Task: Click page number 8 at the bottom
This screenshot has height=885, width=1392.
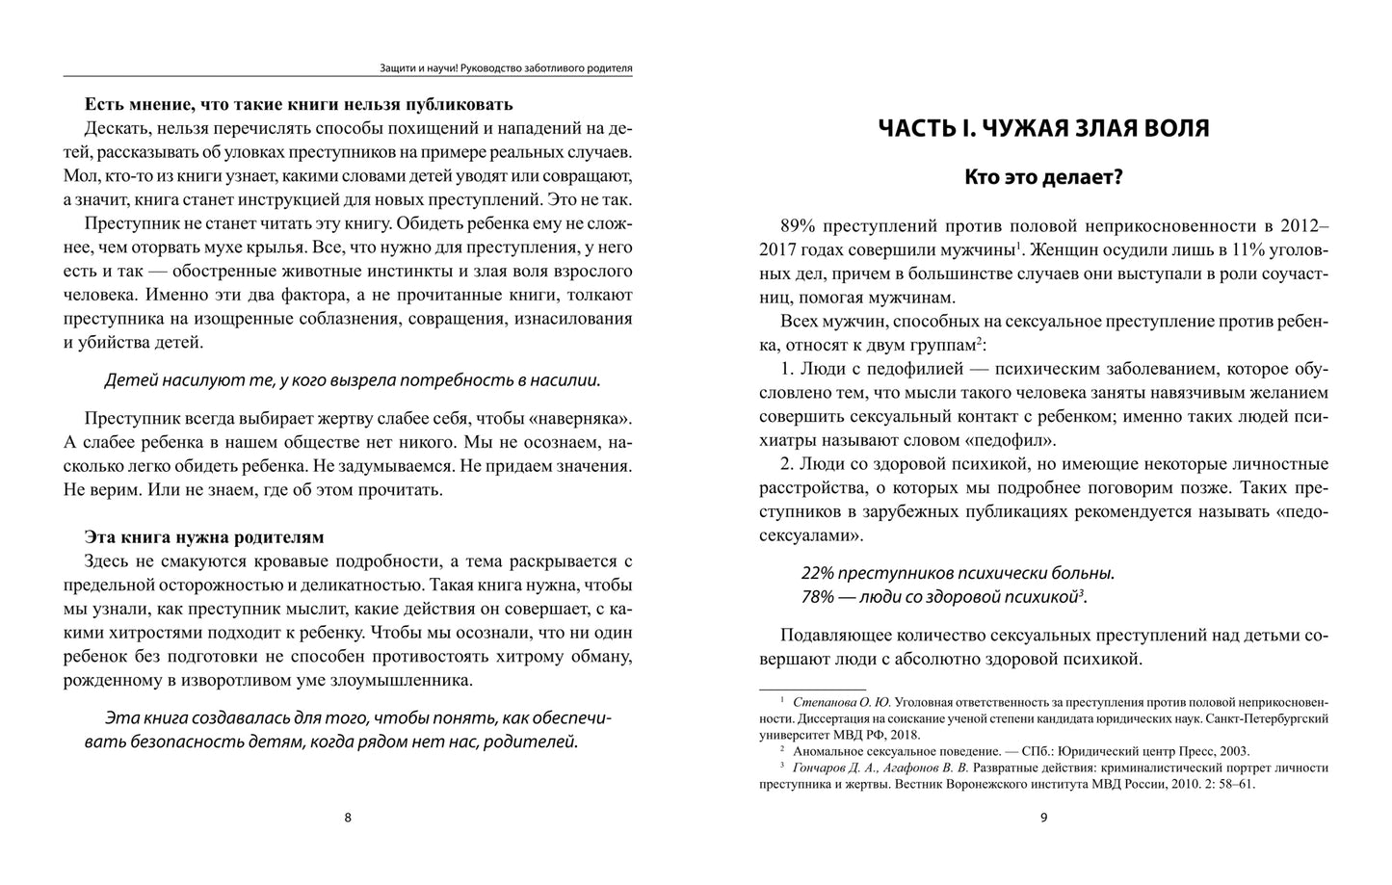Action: pos(348,819)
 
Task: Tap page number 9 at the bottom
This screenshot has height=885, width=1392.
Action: pos(1043,819)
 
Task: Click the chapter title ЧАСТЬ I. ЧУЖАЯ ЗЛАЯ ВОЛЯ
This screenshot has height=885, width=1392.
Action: pos(1043,128)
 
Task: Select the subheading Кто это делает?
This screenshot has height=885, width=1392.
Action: pos(1043,177)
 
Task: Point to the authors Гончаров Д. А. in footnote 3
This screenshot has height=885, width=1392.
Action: pos(832,768)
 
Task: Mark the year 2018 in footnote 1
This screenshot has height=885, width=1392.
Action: pos(904,734)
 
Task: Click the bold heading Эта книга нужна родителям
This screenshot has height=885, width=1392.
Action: pos(204,536)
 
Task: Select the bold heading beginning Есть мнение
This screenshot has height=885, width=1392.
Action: pos(299,104)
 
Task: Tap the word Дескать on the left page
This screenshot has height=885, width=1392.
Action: pos(116,128)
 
